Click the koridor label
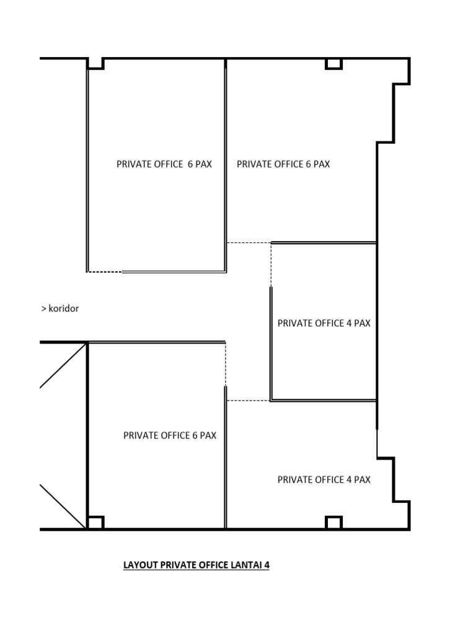[x=64, y=308]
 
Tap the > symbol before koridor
[x=44, y=308]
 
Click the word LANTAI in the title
[x=244, y=565]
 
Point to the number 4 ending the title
[x=267, y=565]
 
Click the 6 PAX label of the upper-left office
[x=200, y=164]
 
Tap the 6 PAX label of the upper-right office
[x=317, y=164]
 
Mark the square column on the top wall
[x=333, y=64]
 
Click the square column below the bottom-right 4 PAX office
[x=333, y=523]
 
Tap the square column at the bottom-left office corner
[x=95, y=523]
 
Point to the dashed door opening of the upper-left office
[x=105, y=272]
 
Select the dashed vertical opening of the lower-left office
[x=226, y=363]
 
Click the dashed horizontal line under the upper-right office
[x=249, y=242]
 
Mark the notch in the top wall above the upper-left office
[x=95, y=63]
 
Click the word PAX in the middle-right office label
[x=362, y=323]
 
